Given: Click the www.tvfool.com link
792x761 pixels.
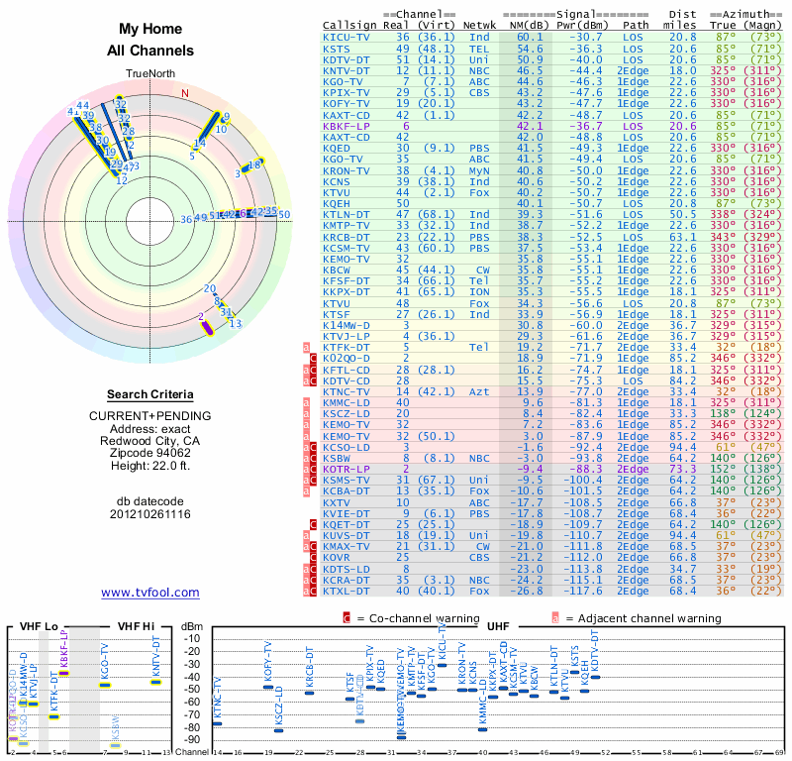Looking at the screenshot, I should pos(150,593).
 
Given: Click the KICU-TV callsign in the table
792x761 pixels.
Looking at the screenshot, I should pos(347,37).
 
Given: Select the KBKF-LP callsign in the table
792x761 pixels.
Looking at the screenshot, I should pos(346,126).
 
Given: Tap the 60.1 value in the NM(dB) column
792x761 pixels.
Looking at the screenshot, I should pos(530,37).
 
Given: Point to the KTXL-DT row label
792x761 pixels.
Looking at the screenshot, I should pos(346,592).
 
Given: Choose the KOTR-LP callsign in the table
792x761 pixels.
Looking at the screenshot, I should pos(346,468).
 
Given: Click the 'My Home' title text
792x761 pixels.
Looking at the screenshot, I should pos(150,30).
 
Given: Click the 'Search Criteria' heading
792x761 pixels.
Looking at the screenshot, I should pos(150,394).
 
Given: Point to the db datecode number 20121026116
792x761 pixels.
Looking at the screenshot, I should pos(150,514).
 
